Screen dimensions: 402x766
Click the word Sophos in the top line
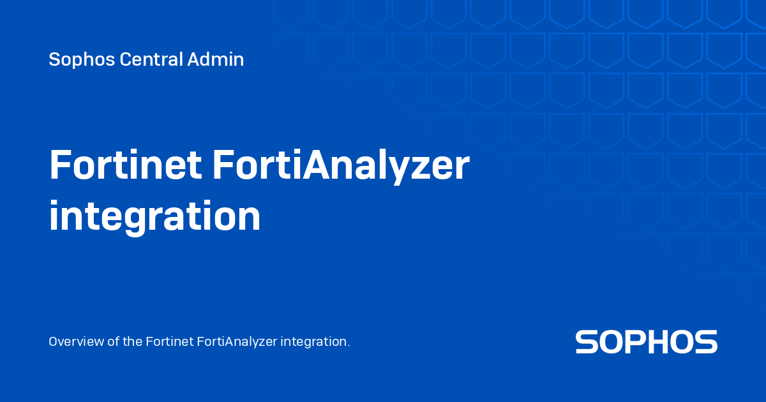pos(73,60)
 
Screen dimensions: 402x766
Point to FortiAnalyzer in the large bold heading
pos(341,167)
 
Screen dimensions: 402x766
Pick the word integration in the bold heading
pos(154,217)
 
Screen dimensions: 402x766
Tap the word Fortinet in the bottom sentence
pos(169,341)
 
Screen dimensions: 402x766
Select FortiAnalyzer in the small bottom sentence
pos(237,341)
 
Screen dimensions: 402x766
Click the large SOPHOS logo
pos(646,342)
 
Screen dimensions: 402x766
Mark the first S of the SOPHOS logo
pos(587,342)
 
